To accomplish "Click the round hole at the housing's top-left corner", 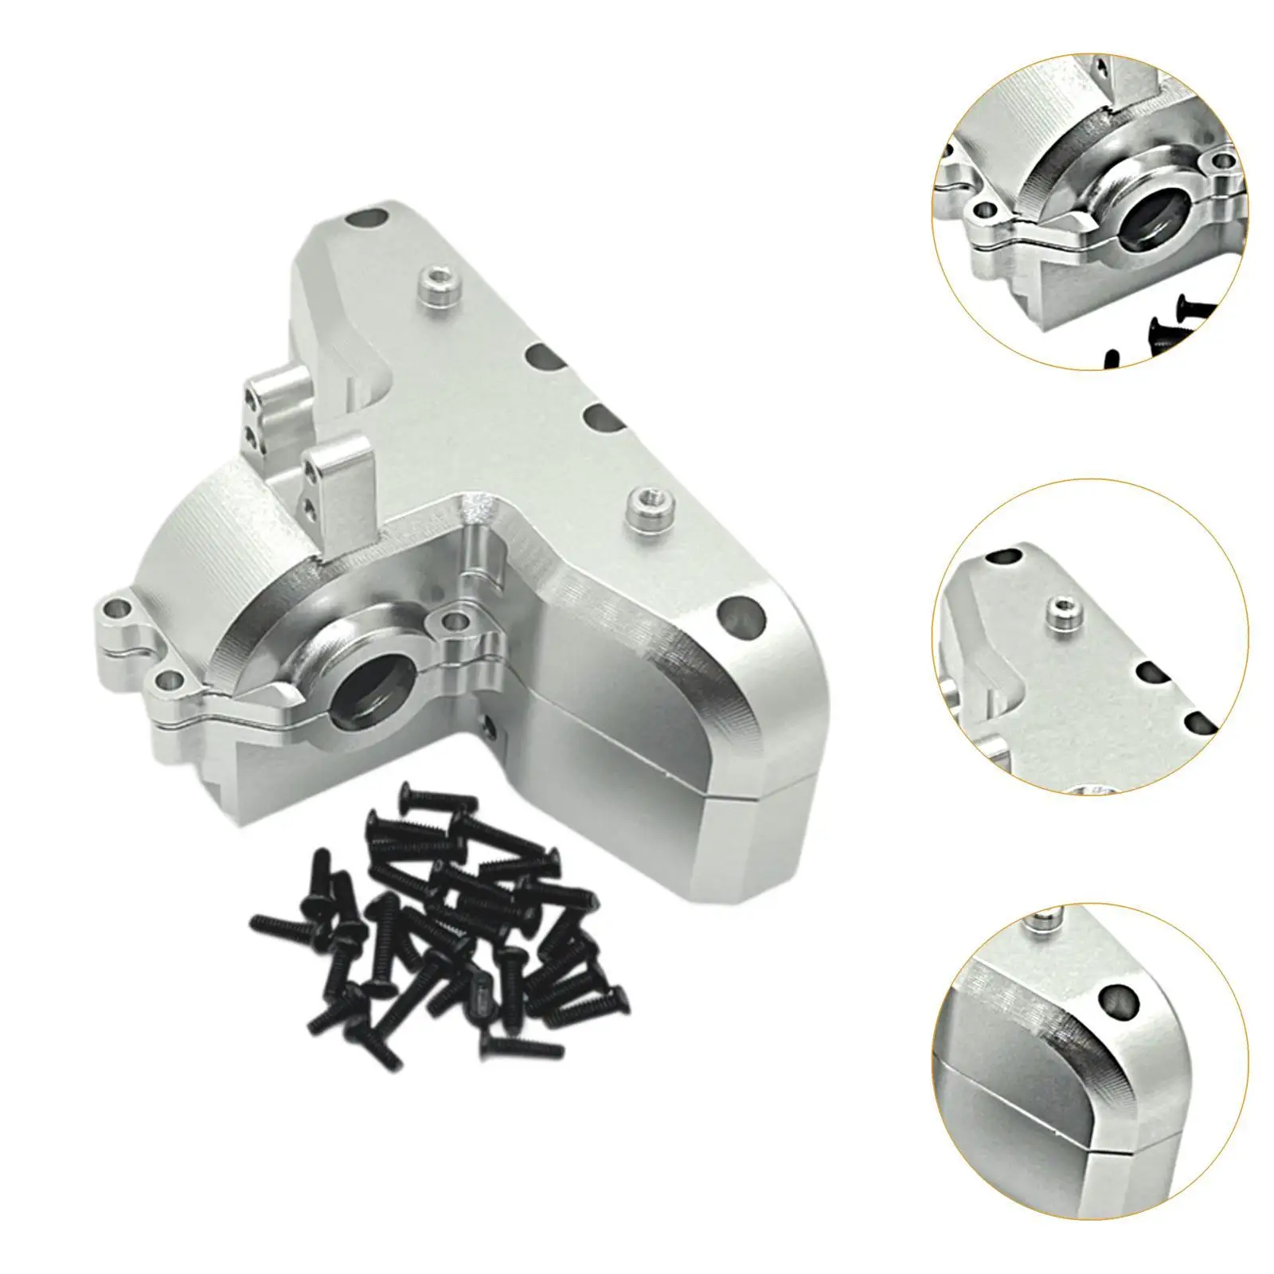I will pos(371,216).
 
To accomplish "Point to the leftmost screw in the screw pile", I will pos(275,923).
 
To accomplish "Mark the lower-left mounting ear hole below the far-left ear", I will pos(166,678).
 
